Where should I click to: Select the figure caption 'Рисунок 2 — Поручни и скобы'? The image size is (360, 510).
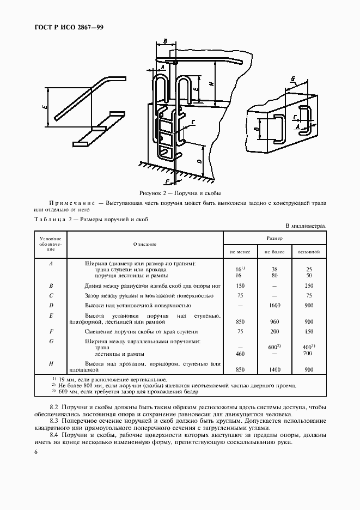pos(180,193)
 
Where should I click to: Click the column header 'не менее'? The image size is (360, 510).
pos(240,252)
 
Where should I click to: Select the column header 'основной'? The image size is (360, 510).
pos(309,252)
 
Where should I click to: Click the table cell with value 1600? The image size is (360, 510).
pos(275,305)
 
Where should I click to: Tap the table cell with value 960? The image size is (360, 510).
pos(275,321)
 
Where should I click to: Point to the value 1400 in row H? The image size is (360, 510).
pos(275,369)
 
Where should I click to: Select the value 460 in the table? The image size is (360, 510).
pos(240,354)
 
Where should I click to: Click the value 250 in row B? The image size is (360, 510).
pos(309,286)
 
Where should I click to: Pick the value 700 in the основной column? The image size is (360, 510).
pos(309,354)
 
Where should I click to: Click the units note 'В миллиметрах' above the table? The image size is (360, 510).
pos(306,225)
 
